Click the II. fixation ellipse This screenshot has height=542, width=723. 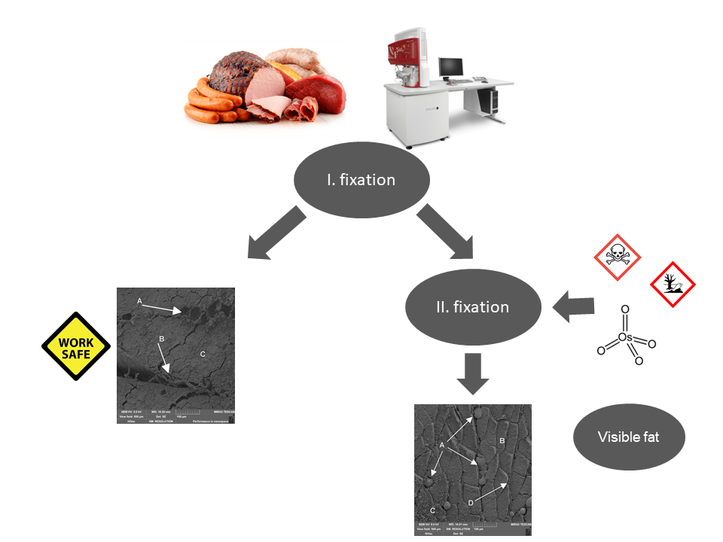coord(473,307)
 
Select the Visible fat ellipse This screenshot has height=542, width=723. coord(628,437)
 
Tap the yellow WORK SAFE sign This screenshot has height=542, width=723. coord(75,346)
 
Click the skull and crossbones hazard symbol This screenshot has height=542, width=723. coord(618,257)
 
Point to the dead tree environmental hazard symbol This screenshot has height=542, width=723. coord(673,285)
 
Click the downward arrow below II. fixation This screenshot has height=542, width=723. coord(473,373)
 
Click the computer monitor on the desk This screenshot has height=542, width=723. coord(451,69)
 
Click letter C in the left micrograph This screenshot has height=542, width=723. coord(202,353)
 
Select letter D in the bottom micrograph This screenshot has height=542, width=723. coord(470,503)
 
